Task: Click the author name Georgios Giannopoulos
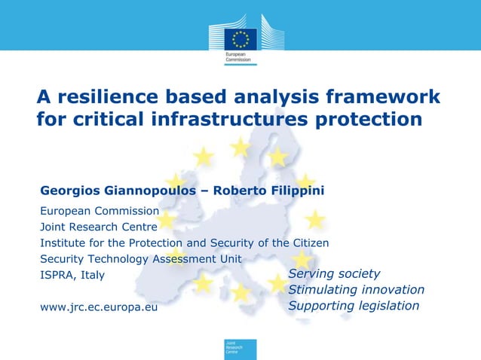click(118, 191)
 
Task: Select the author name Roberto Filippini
click(269, 191)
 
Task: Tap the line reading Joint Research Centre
click(99, 227)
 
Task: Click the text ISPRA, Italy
click(72, 275)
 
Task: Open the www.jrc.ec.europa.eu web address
click(99, 307)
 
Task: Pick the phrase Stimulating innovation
click(356, 290)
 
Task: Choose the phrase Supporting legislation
click(354, 306)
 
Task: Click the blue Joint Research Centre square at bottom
click(240, 349)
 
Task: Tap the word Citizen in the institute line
click(309, 243)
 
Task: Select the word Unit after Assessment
click(230, 258)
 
